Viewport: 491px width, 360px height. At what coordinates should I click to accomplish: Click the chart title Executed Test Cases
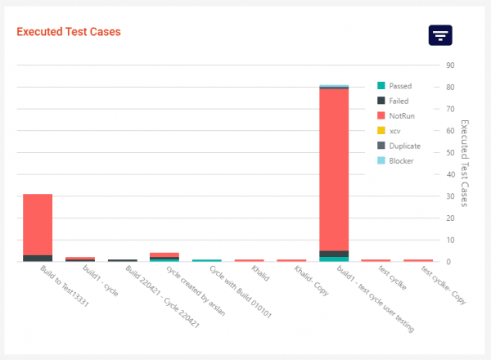point(69,32)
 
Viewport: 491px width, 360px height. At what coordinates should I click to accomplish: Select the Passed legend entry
point(400,86)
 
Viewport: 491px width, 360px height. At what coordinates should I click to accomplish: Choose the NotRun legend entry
point(401,116)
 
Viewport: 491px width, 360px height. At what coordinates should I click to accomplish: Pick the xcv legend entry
point(395,131)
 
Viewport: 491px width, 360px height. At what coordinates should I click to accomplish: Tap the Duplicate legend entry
point(405,146)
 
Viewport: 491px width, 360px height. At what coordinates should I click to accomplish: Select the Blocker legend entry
point(401,160)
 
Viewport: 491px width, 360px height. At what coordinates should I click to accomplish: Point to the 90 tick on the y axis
point(449,65)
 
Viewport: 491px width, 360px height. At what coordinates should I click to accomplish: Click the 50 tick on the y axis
point(449,153)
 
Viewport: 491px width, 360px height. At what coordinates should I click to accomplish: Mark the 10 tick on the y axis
point(449,241)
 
